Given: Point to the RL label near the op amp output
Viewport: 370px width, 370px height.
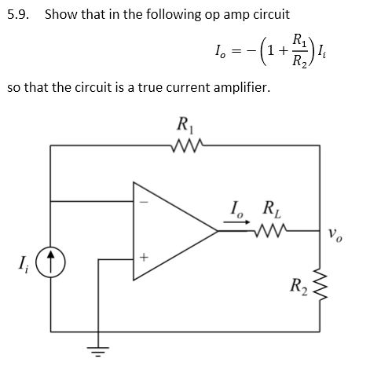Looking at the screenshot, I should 269,210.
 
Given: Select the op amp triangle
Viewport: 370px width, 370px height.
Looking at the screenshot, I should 169,229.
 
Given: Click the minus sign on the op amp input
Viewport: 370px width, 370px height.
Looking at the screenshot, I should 143,202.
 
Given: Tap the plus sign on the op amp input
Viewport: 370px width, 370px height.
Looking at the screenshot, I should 143,258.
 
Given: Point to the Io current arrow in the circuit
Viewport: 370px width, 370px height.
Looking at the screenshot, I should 234,222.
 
